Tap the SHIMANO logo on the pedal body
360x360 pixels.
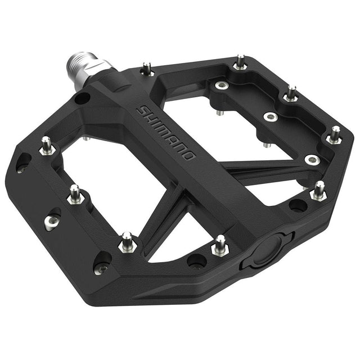[166, 132]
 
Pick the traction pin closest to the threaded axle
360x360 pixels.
[147, 69]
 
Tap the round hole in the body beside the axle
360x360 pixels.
[82, 98]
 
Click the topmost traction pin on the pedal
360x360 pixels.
[240, 62]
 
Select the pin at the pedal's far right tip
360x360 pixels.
[335, 135]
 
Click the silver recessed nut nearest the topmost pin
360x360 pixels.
[220, 85]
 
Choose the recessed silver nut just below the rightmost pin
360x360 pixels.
[312, 160]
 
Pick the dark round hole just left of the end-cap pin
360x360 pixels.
[197, 260]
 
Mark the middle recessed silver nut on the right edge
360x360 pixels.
[271, 117]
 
